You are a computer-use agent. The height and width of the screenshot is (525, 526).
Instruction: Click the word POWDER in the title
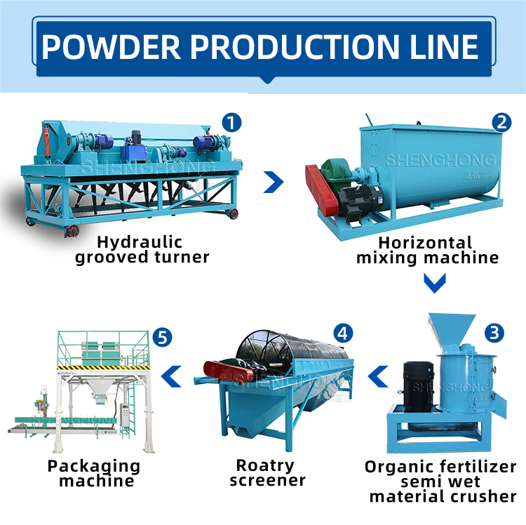pyautogui.click(x=111, y=46)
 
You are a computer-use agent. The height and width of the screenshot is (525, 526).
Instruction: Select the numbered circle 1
pyautogui.click(x=231, y=123)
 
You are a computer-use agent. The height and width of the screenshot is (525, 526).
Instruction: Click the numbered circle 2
pyautogui.click(x=501, y=123)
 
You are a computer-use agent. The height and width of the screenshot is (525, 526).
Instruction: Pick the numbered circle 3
pyautogui.click(x=494, y=333)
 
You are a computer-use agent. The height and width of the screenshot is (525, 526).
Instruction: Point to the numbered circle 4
pyautogui.click(x=343, y=333)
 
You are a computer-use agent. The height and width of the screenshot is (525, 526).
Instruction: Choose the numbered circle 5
pyautogui.click(x=163, y=338)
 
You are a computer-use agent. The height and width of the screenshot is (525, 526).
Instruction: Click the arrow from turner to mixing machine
pyautogui.click(x=274, y=182)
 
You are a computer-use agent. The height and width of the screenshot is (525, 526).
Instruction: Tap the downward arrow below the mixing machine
pyautogui.click(x=435, y=283)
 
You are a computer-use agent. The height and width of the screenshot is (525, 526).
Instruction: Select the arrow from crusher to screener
pyautogui.click(x=378, y=376)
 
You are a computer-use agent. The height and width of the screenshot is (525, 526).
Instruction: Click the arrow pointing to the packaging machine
pyautogui.click(x=171, y=376)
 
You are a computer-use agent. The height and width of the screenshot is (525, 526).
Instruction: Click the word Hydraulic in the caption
pyautogui.click(x=140, y=242)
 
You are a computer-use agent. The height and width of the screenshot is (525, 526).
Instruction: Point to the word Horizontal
pyautogui.click(x=425, y=243)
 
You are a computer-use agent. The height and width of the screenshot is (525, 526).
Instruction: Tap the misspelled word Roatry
pyautogui.click(x=265, y=465)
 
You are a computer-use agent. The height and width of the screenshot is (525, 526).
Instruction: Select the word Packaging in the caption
pyautogui.click(x=94, y=466)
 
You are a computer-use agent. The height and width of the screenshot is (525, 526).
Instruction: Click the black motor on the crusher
pyautogui.click(x=418, y=386)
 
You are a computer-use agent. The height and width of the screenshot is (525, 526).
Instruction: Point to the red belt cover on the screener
pyautogui.click(x=228, y=371)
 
